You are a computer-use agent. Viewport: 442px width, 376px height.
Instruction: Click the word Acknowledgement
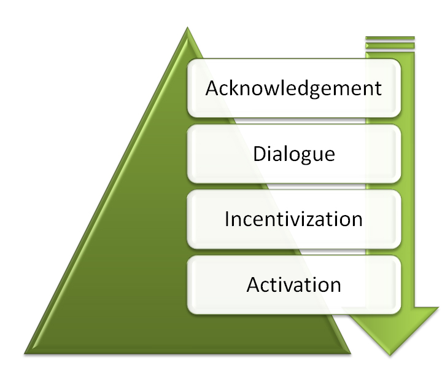click(x=293, y=88)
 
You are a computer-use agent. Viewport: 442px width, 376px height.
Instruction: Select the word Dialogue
click(x=294, y=154)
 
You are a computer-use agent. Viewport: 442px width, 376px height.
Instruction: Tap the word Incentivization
click(x=293, y=219)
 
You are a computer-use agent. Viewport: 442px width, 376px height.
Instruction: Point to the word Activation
click(x=293, y=284)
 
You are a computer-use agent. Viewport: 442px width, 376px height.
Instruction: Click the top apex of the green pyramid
click(x=187, y=27)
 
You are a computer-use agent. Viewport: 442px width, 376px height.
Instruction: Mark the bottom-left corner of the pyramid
click(x=25, y=354)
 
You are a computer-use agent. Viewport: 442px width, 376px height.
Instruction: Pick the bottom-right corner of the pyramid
click(x=351, y=354)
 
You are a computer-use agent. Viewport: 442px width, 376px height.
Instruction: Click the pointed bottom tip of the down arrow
click(x=390, y=355)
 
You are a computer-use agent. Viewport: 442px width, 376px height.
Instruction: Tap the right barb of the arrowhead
click(x=438, y=307)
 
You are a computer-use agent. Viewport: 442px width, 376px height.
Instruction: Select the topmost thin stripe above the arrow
click(x=390, y=38)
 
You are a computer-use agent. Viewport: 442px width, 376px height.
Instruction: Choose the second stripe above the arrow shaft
click(x=390, y=45)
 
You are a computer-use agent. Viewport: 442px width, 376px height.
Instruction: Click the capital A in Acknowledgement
click(x=212, y=88)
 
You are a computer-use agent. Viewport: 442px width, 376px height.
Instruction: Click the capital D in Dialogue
click(x=260, y=154)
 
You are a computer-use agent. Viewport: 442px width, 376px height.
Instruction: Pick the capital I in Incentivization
click(x=227, y=219)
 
